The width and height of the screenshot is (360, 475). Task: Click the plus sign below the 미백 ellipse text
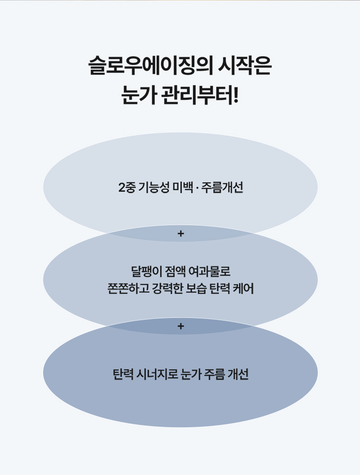pyautogui.click(x=181, y=234)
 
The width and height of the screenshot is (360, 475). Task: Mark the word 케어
pyautogui.click(x=244, y=288)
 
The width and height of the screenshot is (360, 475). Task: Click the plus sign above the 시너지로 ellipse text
pyautogui.click(x=181, y=326)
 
